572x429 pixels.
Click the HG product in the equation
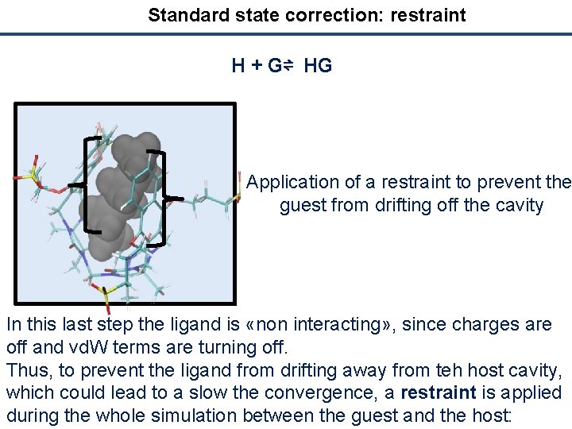[x=318, y=66]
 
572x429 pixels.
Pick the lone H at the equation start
[x=238, y=66]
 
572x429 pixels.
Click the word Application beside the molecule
[x=293, y=183]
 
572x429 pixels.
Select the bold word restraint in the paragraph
[x=438, y=393]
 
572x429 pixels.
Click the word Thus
[x=26, y=370]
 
